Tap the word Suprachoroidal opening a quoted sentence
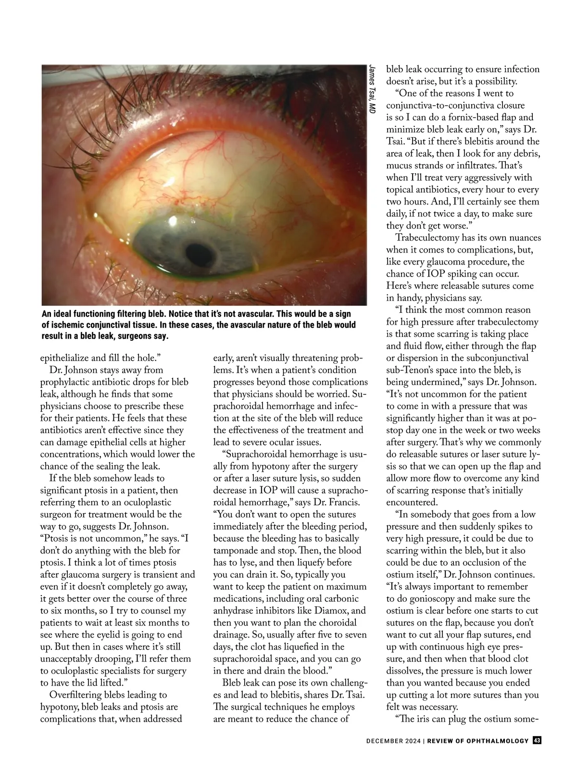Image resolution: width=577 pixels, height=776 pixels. click(x=260, y=454)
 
